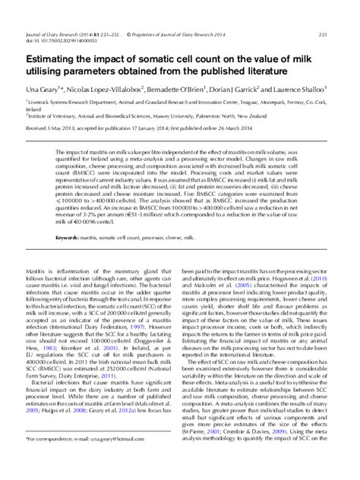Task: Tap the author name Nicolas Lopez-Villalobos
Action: (113, 89)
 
